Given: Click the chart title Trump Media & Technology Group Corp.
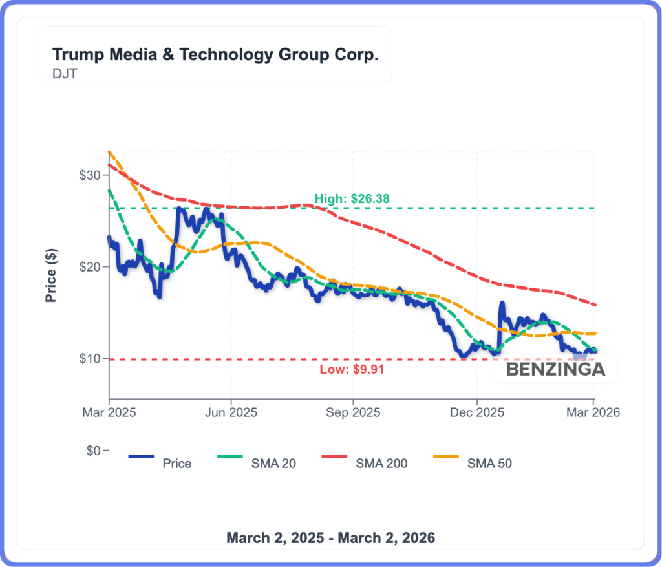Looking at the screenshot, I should [215, 54].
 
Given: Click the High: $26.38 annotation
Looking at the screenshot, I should [352, 199].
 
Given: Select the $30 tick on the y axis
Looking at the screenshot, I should [91, 175].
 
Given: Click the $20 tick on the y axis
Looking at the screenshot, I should [91, 267].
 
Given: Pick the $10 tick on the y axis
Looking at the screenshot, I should [91, 358].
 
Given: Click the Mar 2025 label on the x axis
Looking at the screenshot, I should [109, 412].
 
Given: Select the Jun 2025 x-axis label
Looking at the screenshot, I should [231, 412].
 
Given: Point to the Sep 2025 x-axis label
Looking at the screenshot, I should [352, 412].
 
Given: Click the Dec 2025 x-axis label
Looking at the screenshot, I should [476, 412].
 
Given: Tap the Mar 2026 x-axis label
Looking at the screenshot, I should [593, 412].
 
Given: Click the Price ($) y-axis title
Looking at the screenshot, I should [51, 276].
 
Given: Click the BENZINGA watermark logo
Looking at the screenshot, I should [555, 370].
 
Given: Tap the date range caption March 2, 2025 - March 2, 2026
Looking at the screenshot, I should [330, 537].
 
